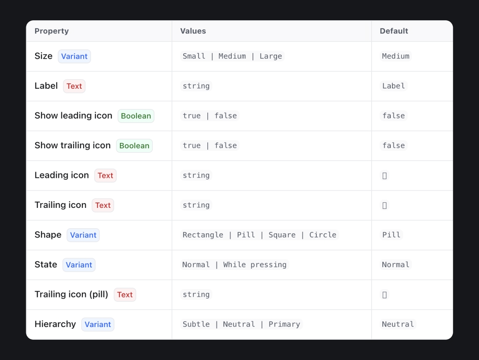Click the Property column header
pyautogui.click(x=52, y=31)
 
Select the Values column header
pyautogui.click(x=193, y=31)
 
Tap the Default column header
pyautogui.click(x=394, y=31)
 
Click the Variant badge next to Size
pyautogui.click(x=74, y=57)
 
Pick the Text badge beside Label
pyautogui.click(x=74, y=86)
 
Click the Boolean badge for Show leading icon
pyautogui.click(x=136, y=116)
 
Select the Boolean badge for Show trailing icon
pyautogui.click(x=134, y=146)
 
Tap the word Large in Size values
pyautogui.click(x=271, y=56)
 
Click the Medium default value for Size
pyautogui.click(x=396, y=56)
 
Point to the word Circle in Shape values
pyautogui.click(x=323, y=235)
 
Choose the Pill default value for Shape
pyautogui.click(x=391, y=235)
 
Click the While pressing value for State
pyautogui.click(x=255, y=265)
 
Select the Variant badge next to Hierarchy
pyautogui.click(x=98, y=325)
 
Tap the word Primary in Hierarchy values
pyautogui.click(x=284, y=324)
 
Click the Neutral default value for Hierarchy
pyautogui.click(x=398, y=324)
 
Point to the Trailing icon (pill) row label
pyautogui.click(x=71, y=294)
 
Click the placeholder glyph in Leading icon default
pyautogui.click(x=385, y=176)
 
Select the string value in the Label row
pyautogui.click(x=196, y=86)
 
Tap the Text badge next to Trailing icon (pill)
pyautogui.click(x=125, y=295)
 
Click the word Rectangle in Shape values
pyautogui.click(x=203, y=235)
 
